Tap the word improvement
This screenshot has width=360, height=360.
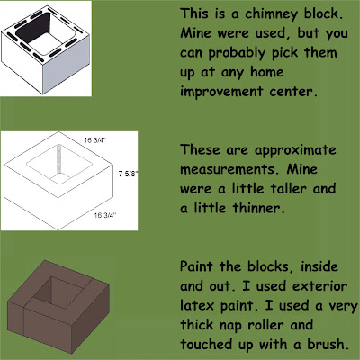(x=221, y=92)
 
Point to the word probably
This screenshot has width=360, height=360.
(x=237, y=53)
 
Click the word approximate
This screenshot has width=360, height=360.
(x=295, y=150)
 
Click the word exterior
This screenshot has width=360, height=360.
(x=319, y=285)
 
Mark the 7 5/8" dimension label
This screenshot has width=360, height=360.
(x=128, y=174)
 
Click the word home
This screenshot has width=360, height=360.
(x=267, y=72)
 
